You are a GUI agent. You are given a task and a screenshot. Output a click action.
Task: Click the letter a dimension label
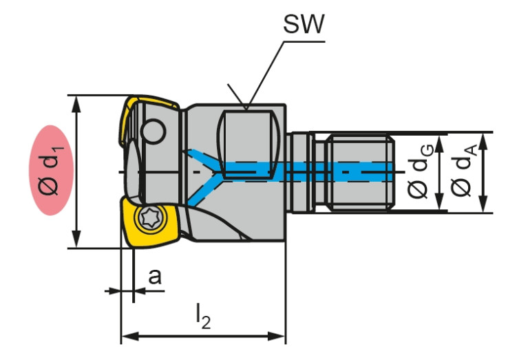click(x=155, y=277)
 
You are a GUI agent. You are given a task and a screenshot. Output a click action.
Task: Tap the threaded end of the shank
click(x=361, y=172)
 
